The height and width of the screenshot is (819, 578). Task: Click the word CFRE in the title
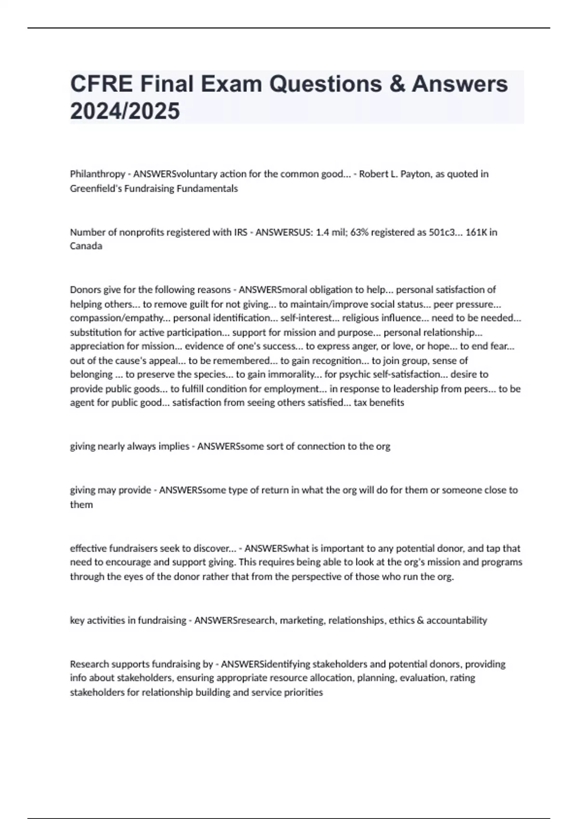click(101, 84)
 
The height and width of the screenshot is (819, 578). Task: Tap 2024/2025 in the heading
click(125, 111)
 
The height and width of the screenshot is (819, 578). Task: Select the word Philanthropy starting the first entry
click(97, 174)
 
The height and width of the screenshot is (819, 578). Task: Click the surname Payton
click(416, 174)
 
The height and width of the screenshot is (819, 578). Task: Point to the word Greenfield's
click(96, 188)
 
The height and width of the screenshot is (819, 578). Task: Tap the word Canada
click(86, 246)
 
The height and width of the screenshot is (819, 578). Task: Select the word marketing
click(302, 621)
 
